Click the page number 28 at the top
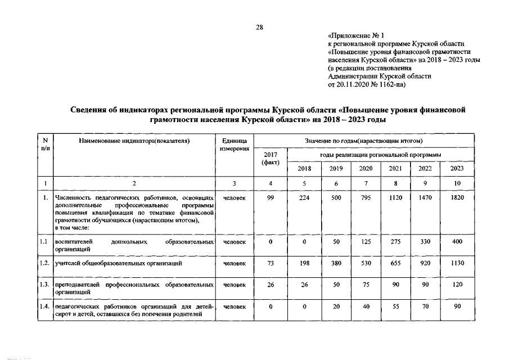point(260,26)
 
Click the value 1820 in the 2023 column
point(457,197)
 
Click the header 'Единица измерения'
point(235,145)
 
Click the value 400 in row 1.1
point(457,241)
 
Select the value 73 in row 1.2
point(271,263)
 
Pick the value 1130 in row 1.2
point(457,263)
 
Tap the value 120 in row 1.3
point(457,285)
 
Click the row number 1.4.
point(44,306)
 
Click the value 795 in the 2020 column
point(366,197)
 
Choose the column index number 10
point(457,183)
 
